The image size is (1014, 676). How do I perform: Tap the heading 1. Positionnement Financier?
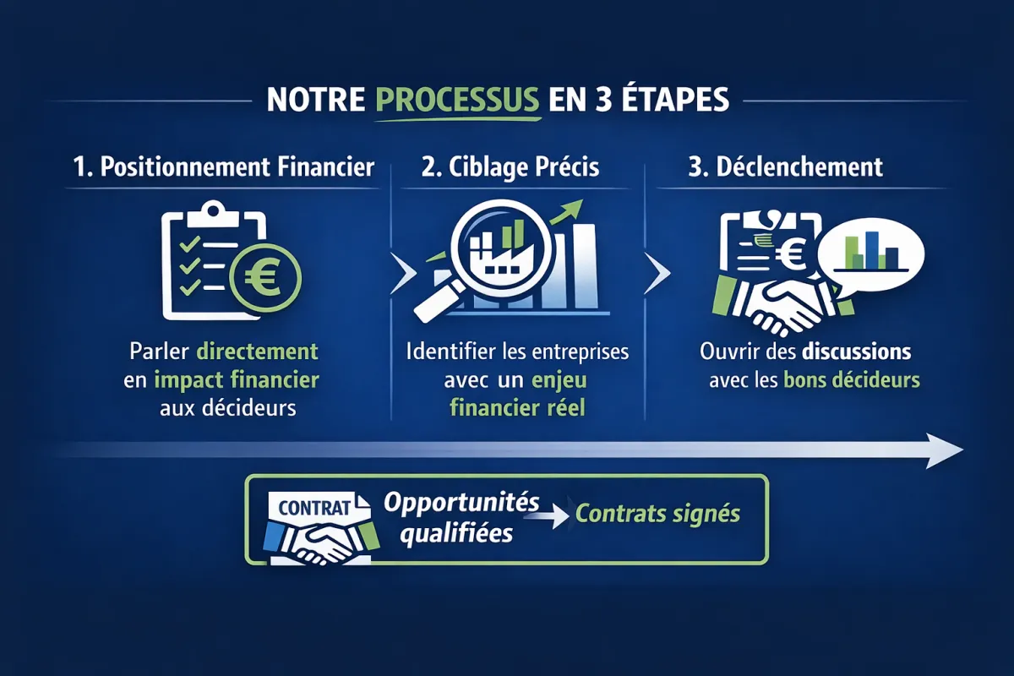(224, 166)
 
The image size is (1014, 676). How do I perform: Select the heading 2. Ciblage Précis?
(510, 167)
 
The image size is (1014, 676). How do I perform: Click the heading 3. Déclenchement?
(785, 166)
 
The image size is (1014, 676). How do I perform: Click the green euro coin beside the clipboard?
(265, 277)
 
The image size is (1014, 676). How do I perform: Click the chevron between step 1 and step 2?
(403, 274)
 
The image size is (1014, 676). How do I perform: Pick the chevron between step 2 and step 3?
(657, 274)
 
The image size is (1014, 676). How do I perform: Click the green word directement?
(258, 352)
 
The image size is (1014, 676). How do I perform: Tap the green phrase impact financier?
(237, 380)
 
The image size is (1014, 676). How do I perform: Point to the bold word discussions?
(857, 352)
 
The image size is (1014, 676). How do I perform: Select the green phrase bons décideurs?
(852, 380)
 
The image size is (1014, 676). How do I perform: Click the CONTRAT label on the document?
(315, 508)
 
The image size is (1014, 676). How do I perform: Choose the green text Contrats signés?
(657, 514)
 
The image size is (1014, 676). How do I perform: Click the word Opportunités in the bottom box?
(461, 503)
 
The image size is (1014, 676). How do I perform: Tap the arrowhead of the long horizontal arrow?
(945, 450)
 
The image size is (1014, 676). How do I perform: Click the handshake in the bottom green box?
(321, 542)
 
